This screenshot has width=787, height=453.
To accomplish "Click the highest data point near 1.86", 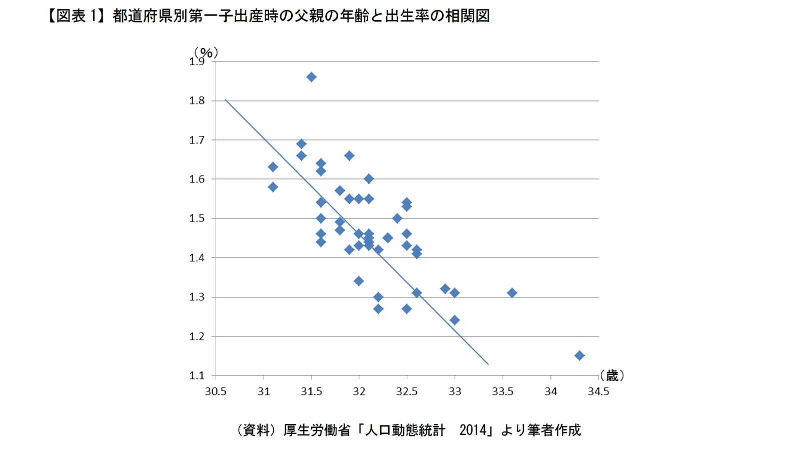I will tap(311, 77).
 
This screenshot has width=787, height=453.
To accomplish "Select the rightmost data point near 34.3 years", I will tap(579, 355).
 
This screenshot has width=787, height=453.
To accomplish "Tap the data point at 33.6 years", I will tap(512, 293).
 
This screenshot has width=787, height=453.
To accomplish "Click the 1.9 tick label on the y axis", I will tap(197, 62).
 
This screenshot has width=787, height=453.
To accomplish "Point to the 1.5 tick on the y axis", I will tap(197, 218).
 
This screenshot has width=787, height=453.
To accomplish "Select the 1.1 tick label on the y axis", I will tap(197, 375).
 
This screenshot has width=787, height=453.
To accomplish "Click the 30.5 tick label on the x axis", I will tap(216, 391).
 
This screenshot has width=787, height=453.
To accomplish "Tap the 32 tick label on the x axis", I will tap(359, 391).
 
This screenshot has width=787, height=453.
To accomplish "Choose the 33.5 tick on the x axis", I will tap(502, 391).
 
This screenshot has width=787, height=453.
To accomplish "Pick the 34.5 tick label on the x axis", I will tap(598, 391).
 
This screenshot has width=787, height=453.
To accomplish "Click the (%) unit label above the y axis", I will tap(206, 52).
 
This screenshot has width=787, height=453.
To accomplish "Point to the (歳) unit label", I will tap(612, 375).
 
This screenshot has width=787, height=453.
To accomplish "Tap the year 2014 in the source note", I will tap(473, 430).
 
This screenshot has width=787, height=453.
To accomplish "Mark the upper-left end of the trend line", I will tap(226, 100).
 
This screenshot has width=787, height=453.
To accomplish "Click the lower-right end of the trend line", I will tap(488, 364).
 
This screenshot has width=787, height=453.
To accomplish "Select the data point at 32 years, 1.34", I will tap(359, 281).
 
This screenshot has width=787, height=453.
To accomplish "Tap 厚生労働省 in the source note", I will tap(316, 430).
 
